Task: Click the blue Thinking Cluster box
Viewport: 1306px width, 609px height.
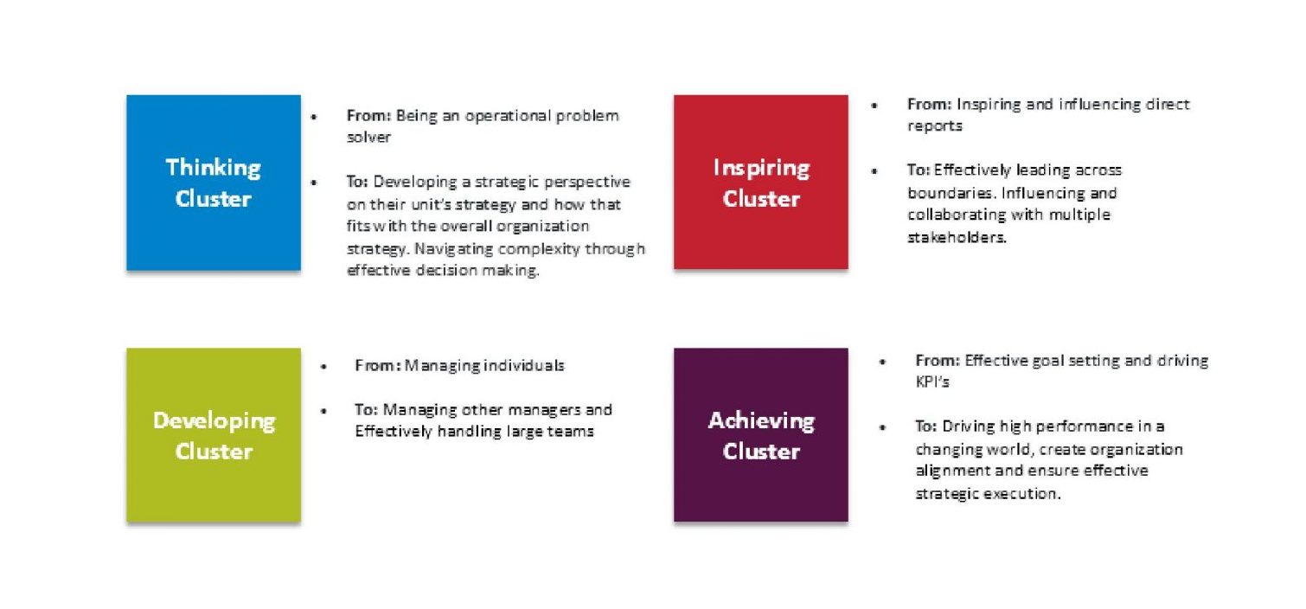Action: coord(214,183)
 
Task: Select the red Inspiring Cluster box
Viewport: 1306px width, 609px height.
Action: coord(761,182)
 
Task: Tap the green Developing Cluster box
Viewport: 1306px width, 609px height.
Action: coord(214,435)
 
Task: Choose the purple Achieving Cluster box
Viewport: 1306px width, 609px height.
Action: coord(761,435)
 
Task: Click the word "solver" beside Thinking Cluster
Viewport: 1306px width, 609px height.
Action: coord(368,137)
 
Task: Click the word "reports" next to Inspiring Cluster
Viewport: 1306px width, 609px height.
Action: coord(935,126)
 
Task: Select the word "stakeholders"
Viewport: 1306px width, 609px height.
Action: coord(957,237)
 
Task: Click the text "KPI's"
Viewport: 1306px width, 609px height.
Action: coord(932,382)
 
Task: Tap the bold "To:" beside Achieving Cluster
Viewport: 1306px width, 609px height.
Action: coord(925,426)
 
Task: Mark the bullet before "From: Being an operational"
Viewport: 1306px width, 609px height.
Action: coord(314,117)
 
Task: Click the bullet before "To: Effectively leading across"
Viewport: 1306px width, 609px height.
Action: coord(874,171)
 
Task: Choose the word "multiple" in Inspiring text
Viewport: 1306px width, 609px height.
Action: coord(1079,215)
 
